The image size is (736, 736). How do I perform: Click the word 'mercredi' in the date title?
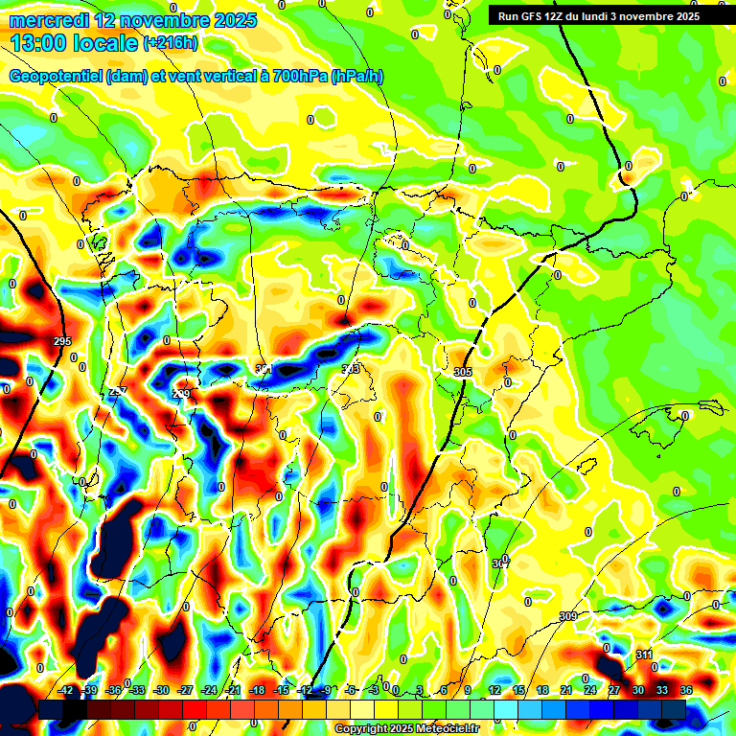[45, 20]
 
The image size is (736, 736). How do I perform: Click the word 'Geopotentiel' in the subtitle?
[56, 77]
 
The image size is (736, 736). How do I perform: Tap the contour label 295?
[62, 342]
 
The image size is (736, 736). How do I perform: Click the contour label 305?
[463, 372]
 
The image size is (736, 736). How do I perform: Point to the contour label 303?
[351, 369]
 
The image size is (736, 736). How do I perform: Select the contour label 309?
[568, 615]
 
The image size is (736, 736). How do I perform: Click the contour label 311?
[644, 655]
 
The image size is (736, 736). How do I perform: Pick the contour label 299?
[181, 394]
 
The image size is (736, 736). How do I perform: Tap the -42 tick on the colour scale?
[67, 690]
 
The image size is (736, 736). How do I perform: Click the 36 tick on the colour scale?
[685, 690]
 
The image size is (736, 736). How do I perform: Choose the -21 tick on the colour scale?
[233, 690]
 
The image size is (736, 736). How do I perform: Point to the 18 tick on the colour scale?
[543, 690]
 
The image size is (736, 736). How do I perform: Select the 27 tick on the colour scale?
[614, 690]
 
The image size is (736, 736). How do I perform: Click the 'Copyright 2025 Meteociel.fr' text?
[406, 728]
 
